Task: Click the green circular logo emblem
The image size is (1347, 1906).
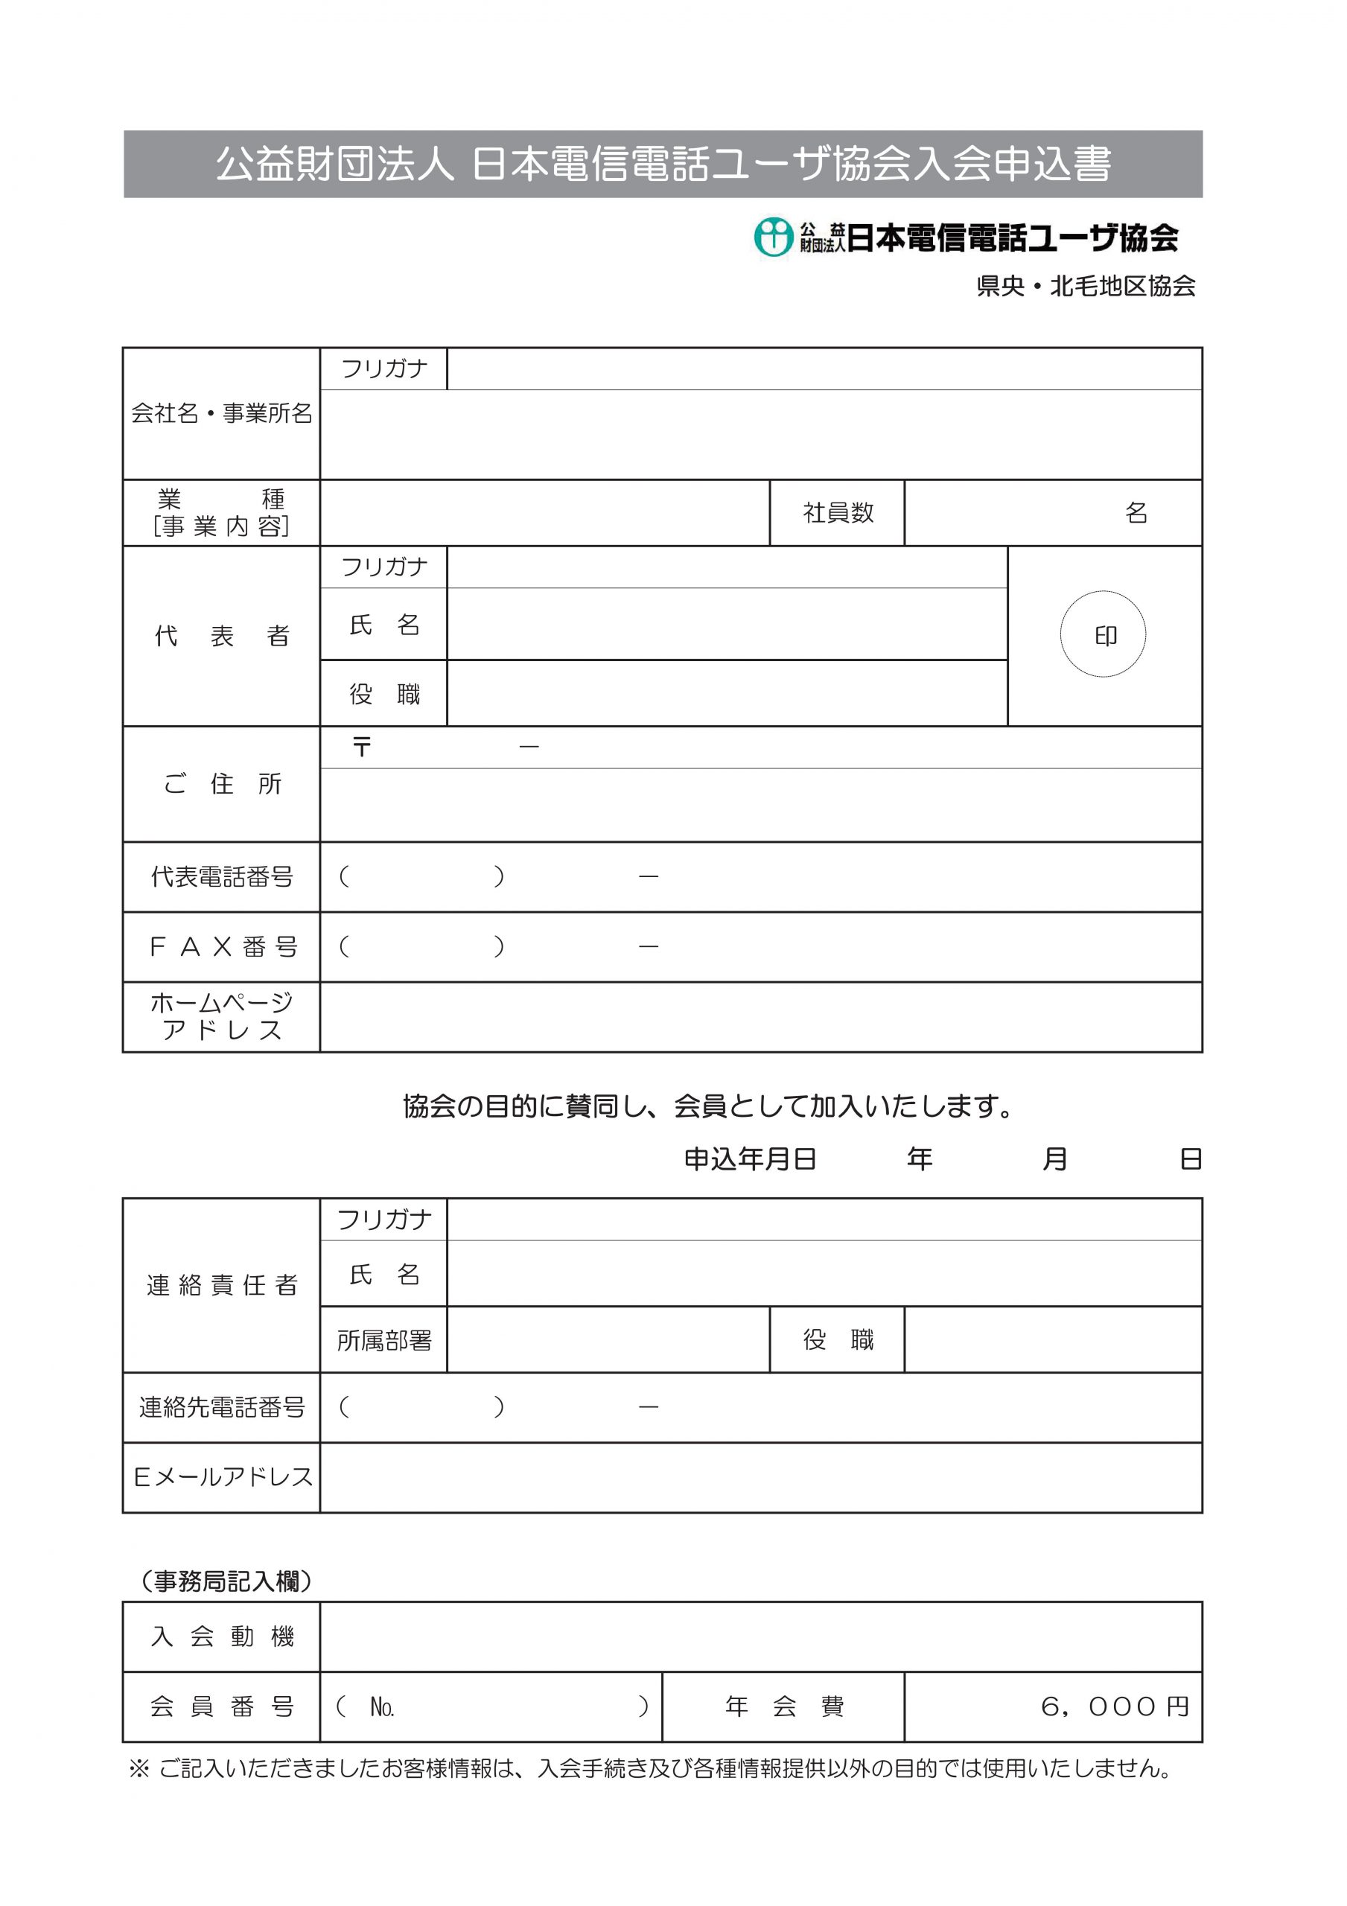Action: (773, 238)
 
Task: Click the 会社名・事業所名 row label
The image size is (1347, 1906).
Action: (222, 413)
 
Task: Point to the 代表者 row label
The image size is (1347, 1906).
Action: (222, 636)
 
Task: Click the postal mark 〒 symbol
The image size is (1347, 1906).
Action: (361, 747)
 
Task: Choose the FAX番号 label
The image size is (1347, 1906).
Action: (222, 947)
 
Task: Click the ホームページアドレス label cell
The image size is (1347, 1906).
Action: (222, 1017)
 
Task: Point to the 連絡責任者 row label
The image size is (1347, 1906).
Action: (222, 1285)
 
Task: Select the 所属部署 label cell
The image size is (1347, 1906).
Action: (383, 1340)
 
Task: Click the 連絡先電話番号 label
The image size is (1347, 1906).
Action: (222, 1407)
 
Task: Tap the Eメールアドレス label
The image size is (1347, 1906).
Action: (222, 1477)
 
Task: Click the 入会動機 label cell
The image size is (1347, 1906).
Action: (222, 1636)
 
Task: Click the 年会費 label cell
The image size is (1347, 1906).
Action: (783, 1706)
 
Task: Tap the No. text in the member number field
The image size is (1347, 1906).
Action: (381, 1706)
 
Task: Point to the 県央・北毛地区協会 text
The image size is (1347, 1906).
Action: (1086, 287)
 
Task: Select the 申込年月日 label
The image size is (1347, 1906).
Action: (749, 1159)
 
